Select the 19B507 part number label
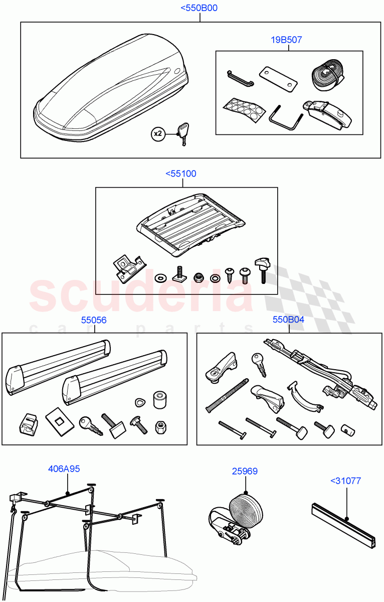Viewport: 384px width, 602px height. click(x=287, y=40)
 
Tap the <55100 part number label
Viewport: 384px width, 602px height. click(x=181, y=174)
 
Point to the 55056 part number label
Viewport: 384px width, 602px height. click(x=94, y=320)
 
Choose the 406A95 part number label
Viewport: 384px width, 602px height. click(x=64, y=469)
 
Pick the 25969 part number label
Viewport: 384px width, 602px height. click(x=245, y=471)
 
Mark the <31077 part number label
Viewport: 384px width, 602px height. click(x=345, y=481)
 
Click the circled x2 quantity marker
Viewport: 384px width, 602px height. click(x=158, y=133)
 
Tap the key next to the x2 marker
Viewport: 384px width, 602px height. click(x=181, y=134)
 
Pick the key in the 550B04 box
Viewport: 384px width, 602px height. click(x=259, y=364)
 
